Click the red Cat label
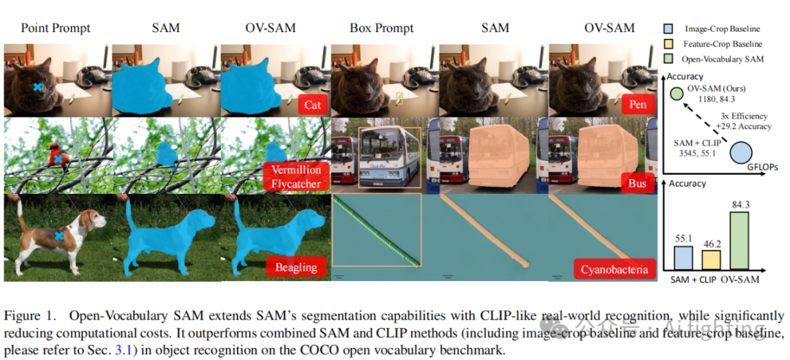point(312,105)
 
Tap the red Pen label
point(638,105)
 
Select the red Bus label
point(638,183)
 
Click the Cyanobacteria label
point(614,269)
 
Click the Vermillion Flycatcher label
point(296,176)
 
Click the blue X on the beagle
point(59,236)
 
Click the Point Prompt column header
point(56,28)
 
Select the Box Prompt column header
point(381,28)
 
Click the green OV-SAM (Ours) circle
point(677,92)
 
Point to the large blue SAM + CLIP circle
point(740,153)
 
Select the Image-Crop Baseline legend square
point(669,29)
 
